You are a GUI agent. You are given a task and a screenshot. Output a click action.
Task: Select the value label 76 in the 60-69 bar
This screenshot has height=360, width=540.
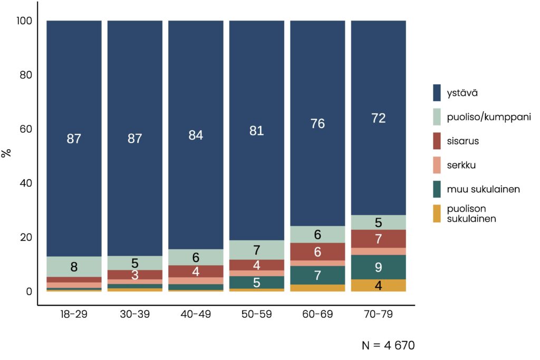317,123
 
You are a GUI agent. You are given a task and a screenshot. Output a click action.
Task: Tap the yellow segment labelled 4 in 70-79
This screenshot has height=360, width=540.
378,285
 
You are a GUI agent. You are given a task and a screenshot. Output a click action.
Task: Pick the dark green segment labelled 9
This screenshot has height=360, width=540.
378,267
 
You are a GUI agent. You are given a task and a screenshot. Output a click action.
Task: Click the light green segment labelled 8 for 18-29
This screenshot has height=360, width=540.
74,267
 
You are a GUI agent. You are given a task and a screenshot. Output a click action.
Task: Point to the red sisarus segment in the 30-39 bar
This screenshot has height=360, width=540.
134,275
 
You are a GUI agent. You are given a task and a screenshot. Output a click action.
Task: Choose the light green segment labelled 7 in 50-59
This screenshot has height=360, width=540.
257,250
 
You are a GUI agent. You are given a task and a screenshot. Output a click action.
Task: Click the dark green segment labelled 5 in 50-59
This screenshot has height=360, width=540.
257,282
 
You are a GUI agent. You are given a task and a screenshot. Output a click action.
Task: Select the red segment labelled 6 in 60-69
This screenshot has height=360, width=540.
317,251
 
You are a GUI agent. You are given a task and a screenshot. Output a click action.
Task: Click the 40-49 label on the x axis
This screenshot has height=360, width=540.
195,315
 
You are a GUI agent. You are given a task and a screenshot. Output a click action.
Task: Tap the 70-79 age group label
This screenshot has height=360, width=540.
378,315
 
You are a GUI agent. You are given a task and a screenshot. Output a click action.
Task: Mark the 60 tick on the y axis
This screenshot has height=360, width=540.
26,129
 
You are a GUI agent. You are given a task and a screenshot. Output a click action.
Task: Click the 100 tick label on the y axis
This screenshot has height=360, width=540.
24,21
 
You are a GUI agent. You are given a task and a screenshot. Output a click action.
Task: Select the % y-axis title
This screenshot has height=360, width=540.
7,153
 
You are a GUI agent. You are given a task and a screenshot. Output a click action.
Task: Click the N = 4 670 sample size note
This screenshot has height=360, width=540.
388,346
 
